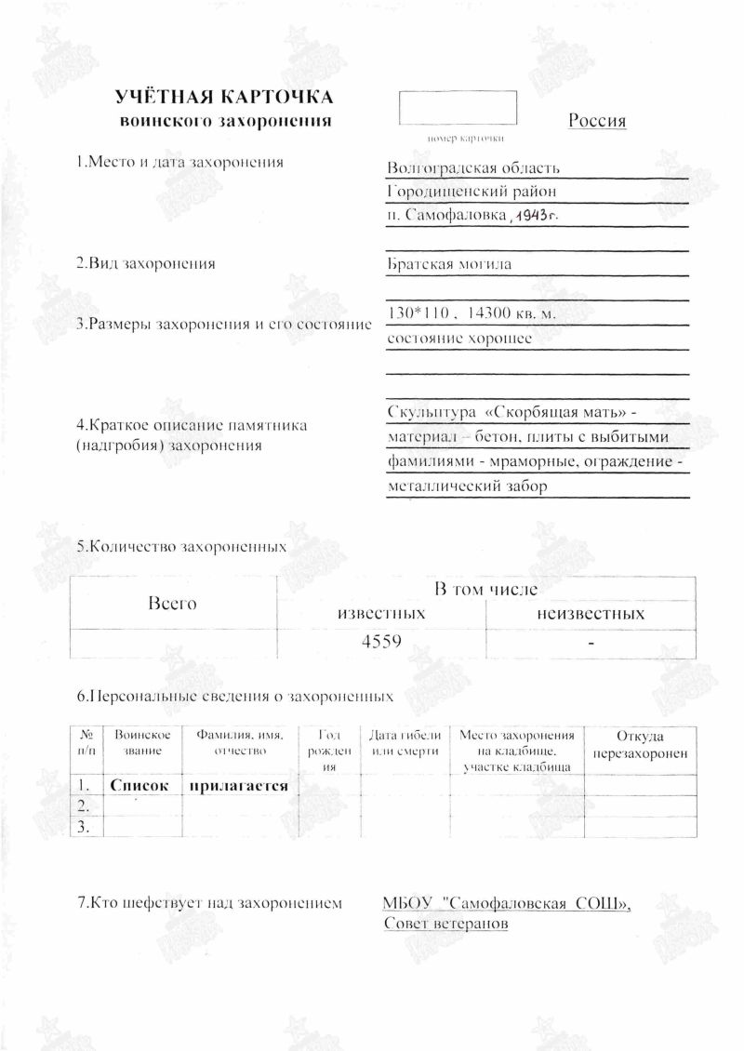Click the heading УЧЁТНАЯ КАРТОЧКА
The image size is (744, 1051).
point(223,98)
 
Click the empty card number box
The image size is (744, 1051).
point(458,108)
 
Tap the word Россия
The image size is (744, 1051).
point(596,121)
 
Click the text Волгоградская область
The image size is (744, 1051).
point(472,168)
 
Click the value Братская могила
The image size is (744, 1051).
point(449,264)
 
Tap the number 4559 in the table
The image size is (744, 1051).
point(381,642)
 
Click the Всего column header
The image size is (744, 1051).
point(173,604)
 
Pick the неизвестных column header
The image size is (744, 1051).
point(590,614)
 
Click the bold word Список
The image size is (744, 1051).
point(139,786)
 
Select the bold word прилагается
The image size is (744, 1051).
point(238,786)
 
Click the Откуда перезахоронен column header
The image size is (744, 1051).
point(641,745)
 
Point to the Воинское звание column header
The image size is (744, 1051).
point(141,742)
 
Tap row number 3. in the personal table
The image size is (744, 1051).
point(86,827)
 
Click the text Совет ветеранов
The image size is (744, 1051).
point(445,924)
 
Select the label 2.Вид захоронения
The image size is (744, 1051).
point(146,263)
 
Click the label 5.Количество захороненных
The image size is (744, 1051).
point(181,547)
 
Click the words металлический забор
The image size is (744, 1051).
point(467,486)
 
